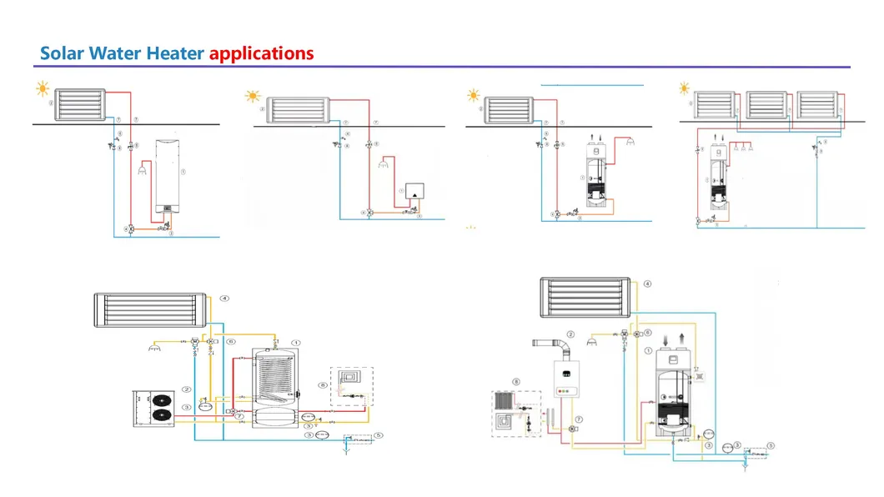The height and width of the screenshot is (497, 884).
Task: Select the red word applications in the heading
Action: click(x=261, y=53)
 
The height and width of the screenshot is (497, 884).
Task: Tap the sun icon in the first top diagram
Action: click(x=42, y=88)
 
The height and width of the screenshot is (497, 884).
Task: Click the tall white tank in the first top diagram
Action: click(x=170, y=175)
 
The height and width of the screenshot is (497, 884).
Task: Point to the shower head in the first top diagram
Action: click(x=140, y=172)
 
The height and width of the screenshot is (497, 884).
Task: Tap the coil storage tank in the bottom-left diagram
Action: click(x=275, y=389)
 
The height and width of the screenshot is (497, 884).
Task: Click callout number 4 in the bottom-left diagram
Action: click(x=224, y=298)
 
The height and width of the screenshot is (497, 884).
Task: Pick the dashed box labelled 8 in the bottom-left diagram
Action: click(x=351, y=387)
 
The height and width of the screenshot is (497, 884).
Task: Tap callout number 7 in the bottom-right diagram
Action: click(x=578, y=418)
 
